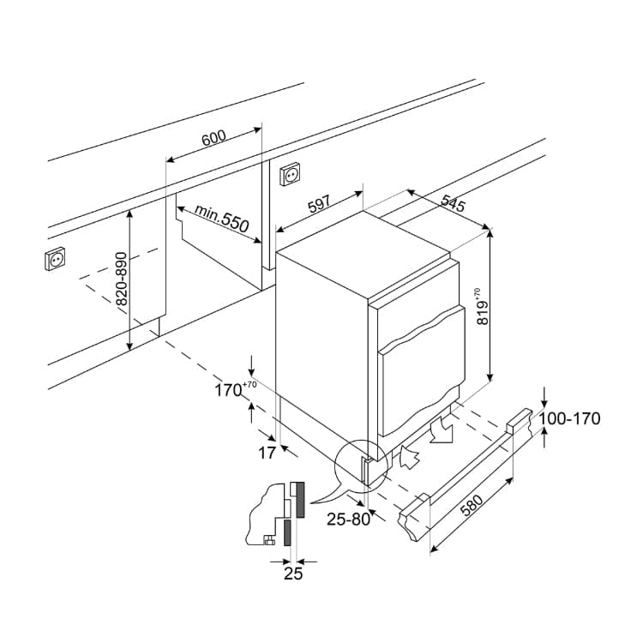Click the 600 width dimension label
click(x=213, y=138)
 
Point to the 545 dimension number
click(x=454, y=202)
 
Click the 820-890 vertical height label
click(x=123, y=279)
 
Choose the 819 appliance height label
click(x=483, y=306)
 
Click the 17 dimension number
click(x=267, y=453)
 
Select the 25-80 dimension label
click(x=348, y=520)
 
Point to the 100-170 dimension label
click(x=569, y=418)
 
